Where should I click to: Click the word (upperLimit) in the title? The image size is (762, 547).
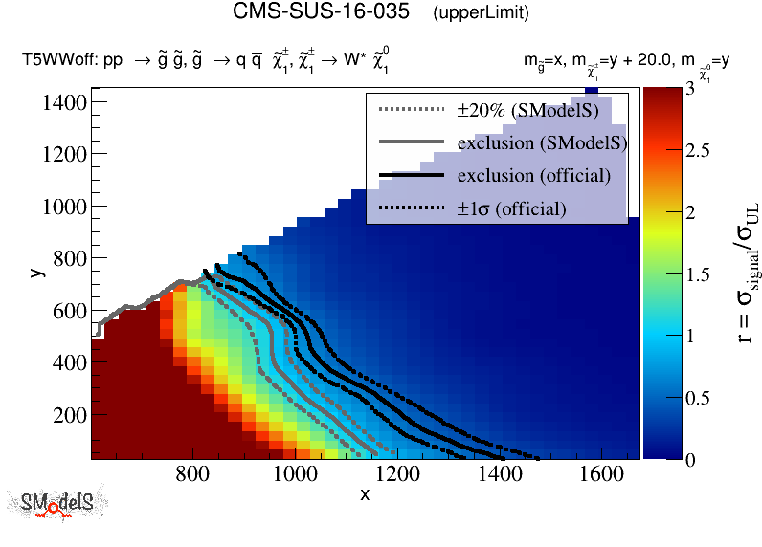(481, 13)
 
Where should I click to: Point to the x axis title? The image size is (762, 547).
(365, 494)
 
